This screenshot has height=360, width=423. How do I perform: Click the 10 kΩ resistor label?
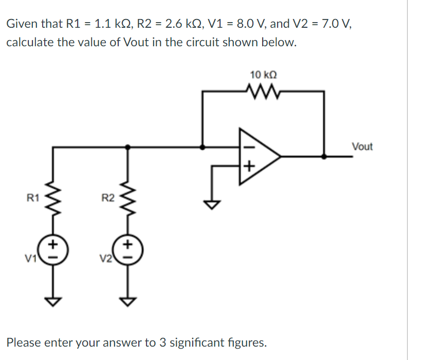point(264,75)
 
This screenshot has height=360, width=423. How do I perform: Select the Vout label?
point(362,147)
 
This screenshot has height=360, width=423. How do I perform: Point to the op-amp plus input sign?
point(249,166)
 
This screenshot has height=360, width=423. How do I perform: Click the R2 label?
point(107,197)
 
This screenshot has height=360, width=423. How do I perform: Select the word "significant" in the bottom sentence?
point(203,342)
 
